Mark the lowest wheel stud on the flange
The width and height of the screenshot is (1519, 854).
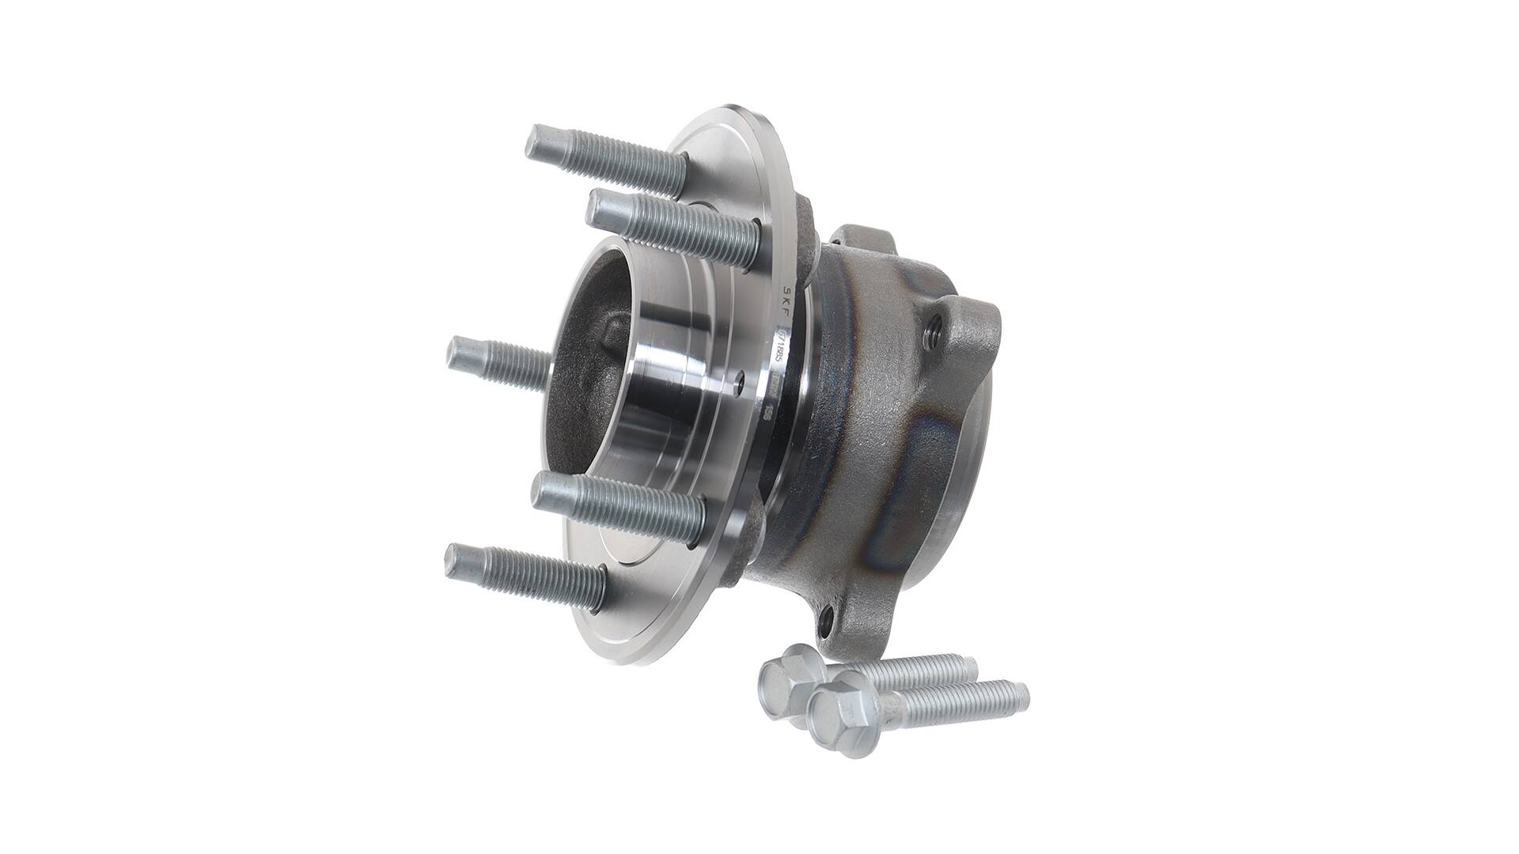pyautogui.click(x=526, y=576)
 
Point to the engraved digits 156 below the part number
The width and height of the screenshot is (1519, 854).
pyautogui.click(x=767, y=414)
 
